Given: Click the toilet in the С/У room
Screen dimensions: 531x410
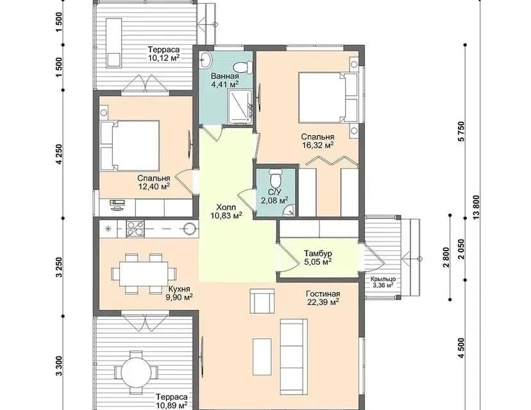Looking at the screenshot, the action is [275, 178].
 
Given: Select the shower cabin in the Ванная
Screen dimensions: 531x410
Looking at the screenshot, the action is [241, 107].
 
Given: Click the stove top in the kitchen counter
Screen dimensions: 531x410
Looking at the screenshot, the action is [135, 228].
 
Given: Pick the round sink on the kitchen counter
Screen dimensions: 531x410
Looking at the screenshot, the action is [190, 228].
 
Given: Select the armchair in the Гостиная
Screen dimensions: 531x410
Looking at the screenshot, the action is [262, 300].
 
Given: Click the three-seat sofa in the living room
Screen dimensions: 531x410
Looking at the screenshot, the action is [294, 357].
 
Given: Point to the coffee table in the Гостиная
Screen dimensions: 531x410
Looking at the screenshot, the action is [262, 357].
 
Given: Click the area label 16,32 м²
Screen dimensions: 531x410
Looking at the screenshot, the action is [317, 145].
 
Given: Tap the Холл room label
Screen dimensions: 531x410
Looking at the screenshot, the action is [226, 207].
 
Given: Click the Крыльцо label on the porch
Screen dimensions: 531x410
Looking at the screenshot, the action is [383, 279].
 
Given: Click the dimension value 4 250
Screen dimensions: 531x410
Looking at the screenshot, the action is [60, 154].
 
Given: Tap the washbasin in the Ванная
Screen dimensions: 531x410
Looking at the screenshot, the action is [205, 60].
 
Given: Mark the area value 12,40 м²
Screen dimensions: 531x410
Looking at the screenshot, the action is [153, 186].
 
